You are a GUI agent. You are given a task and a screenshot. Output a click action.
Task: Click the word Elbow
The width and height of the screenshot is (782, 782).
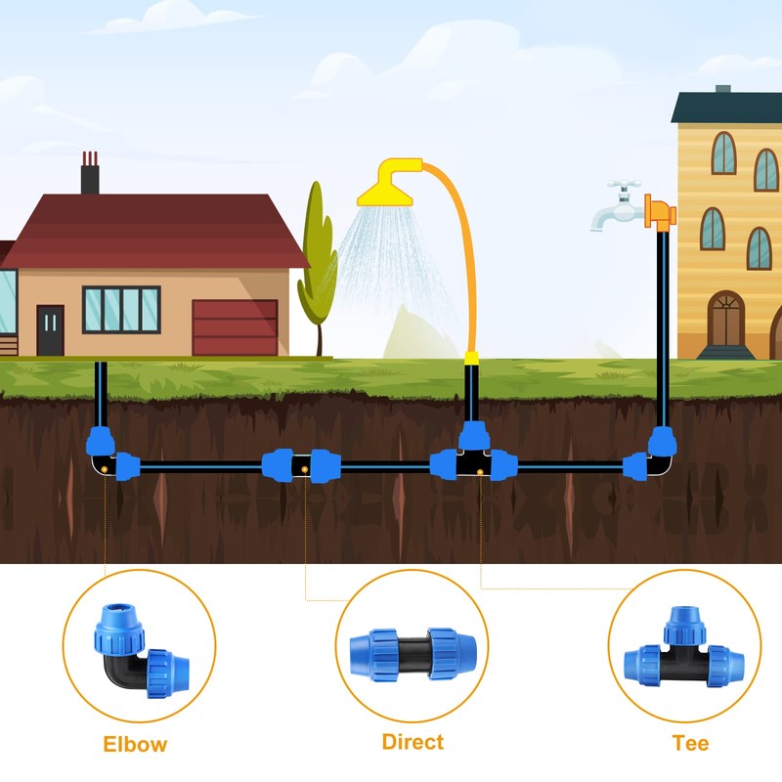pos(135,744)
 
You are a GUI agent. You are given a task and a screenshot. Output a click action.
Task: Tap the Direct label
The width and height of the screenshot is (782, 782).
pos(413,742)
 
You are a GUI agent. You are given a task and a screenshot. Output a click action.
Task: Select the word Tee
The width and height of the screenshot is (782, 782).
pos(690,743)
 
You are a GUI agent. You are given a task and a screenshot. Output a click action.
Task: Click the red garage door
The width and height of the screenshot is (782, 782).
pos(235,326)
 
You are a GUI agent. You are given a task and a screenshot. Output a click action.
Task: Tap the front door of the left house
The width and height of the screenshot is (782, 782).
pos(50,329)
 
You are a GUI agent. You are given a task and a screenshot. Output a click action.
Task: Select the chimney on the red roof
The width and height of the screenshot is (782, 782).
pos(90,175)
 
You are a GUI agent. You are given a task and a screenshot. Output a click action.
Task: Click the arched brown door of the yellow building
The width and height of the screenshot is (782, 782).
pos(725,319)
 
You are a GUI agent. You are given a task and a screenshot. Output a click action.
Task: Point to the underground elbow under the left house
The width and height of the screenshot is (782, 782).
pos(108,453)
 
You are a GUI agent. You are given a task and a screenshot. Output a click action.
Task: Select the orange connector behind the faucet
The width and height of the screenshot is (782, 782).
pos(659,210)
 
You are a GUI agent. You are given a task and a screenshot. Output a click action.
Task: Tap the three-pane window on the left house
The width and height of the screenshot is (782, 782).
pos(120,309)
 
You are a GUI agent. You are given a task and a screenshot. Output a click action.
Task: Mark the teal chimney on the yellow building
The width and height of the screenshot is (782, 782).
pos(722,91)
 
